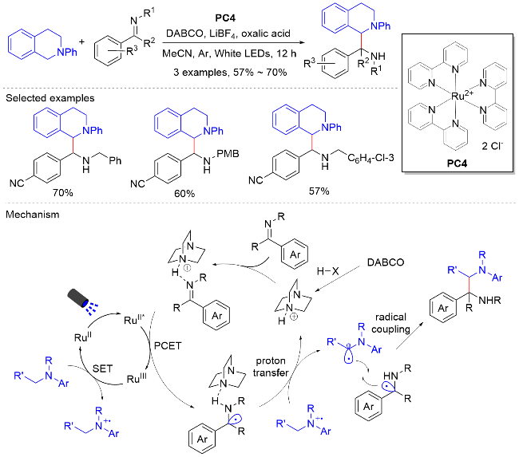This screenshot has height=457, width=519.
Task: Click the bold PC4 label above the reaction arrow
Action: tap(225, 18)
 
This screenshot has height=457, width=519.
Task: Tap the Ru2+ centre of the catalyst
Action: tap(462, 96)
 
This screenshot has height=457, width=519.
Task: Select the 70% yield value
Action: tap(63, 192)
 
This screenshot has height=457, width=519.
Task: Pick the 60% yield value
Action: tap(184, 194)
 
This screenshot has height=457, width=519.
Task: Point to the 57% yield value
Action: tap(319, 191)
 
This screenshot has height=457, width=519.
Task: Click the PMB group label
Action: tap(228, 154)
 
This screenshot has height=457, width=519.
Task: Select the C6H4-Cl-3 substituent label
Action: tap(370, 158)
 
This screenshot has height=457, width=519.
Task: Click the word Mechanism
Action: tap(33, 215)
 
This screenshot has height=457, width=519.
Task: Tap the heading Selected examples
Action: tap(50, 98)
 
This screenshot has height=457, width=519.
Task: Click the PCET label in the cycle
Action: tap(168, 346)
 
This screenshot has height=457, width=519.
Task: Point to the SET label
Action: tap(103, 368)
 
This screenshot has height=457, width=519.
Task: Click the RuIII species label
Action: tap(137, 378)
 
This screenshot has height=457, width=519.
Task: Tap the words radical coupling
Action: tap(391, 323)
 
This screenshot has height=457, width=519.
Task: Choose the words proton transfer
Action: tap(271, 367)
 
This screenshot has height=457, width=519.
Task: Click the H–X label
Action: tap(327, 271)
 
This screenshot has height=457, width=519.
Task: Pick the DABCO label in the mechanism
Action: tap(386, 262)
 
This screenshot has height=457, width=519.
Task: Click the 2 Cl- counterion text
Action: tap(492, 146)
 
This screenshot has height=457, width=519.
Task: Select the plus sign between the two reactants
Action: tap(81, 42)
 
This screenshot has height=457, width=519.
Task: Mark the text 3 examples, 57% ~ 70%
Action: tap(230, 73)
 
